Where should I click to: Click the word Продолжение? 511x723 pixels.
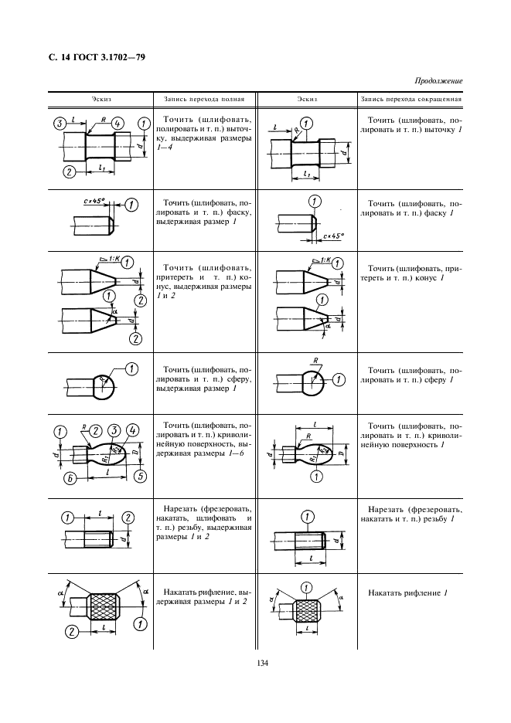pos(438,80)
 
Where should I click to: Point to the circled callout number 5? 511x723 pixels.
pos(140,476)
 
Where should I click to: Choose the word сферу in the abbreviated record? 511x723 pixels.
pos(438,380)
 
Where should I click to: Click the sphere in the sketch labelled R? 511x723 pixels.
pos(311,381)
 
